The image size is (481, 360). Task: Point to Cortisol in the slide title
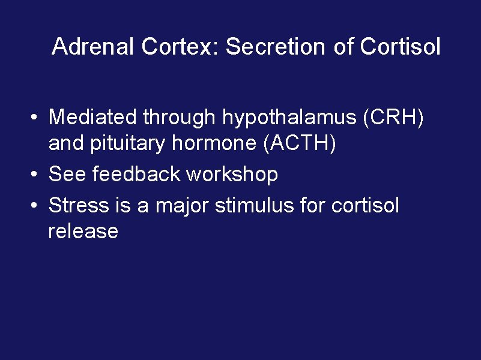point(400,47)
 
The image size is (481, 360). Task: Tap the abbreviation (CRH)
point(393,118)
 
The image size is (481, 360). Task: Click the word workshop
point(232,175)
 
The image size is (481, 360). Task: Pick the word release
point(83,232)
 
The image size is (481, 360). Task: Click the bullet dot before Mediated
point(37,118)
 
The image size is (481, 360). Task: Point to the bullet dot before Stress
point(37,206)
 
